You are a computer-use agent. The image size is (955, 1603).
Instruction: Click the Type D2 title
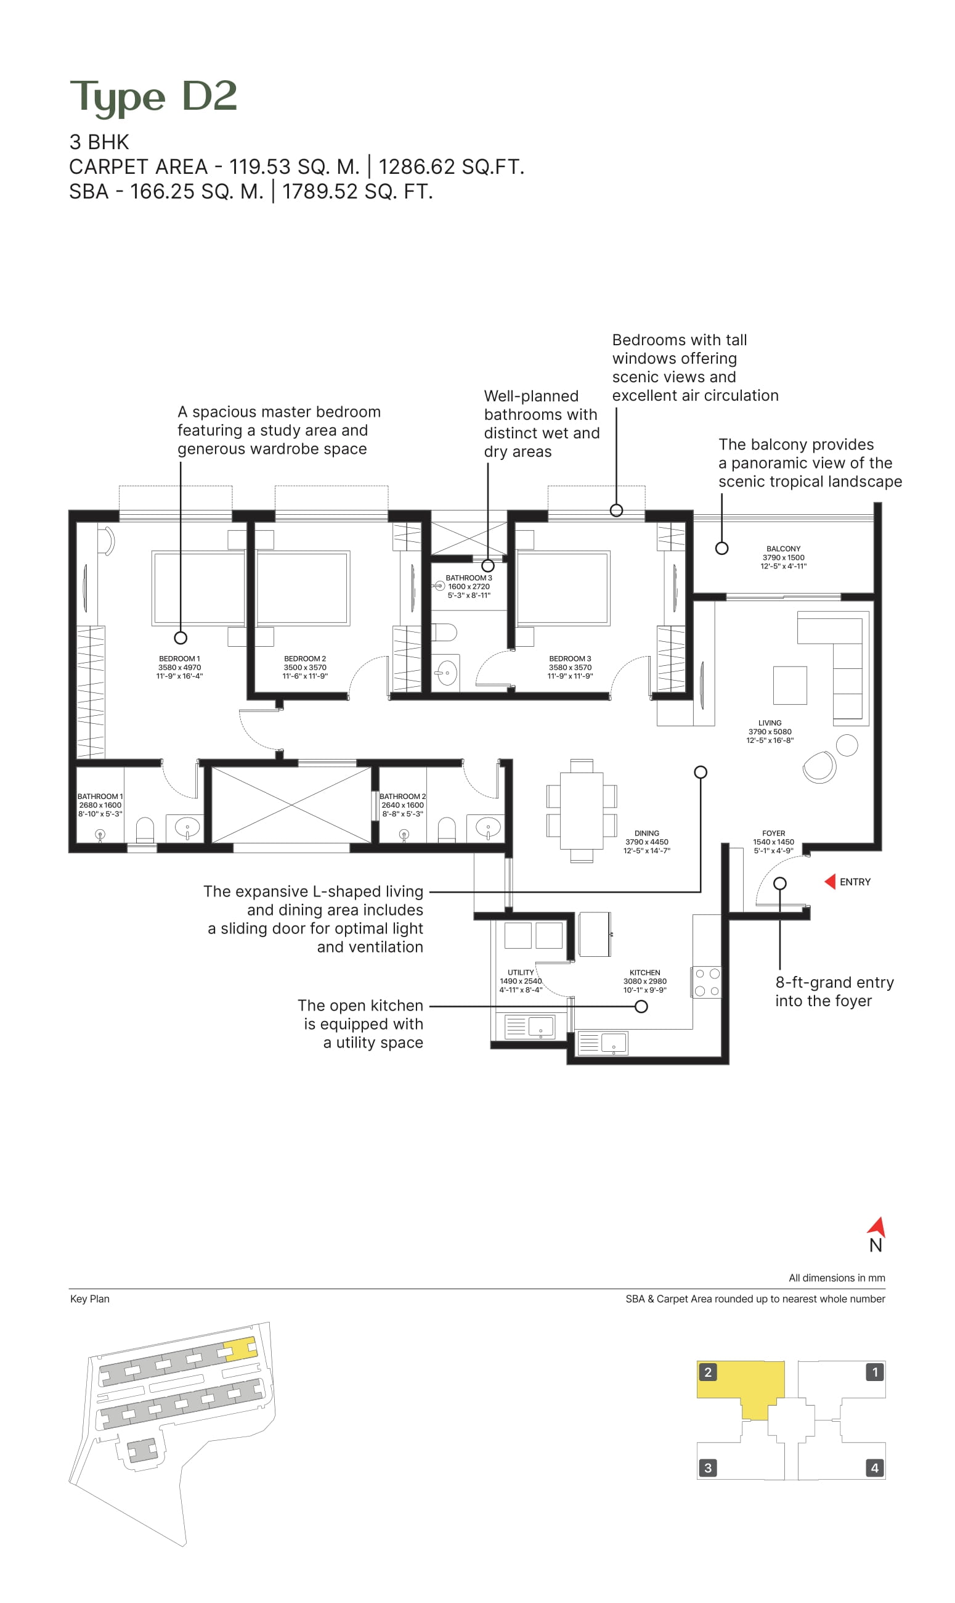(x=153, y=97)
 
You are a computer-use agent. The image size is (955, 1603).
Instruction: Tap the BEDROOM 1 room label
(x=179, y=658)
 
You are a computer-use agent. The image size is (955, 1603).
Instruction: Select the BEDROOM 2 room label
(x=305, y=658)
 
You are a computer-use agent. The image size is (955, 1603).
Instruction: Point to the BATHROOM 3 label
(x=468, y=578)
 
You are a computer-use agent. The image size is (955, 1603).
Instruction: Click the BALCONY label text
(x=783, y=549)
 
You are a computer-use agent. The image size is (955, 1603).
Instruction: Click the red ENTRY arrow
(x=830, y=881)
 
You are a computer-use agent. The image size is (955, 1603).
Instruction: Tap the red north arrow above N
(x=878, y=1226)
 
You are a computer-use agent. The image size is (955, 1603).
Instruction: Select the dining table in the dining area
(x=581, y=811)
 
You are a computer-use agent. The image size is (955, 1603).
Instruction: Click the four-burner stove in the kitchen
(x=707, y=982)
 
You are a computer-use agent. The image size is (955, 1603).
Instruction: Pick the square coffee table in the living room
(x=790, y=685)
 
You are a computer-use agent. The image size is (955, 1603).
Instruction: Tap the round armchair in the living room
(x=819, y=767)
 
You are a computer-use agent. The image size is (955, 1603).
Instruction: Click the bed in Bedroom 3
(x=563, y=588)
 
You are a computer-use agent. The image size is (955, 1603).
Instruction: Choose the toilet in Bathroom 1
(x=145, y=830)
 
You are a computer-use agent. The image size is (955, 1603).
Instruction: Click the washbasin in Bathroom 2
(x=488, y=827)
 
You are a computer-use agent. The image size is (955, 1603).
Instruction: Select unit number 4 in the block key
(x=874, y=1468)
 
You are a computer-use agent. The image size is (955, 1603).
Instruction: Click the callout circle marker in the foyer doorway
(x=780, y=883)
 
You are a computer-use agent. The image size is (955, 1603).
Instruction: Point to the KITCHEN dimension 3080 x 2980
(x=645, y=981)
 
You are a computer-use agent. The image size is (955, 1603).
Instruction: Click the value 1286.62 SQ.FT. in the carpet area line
(x=451, y=166)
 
